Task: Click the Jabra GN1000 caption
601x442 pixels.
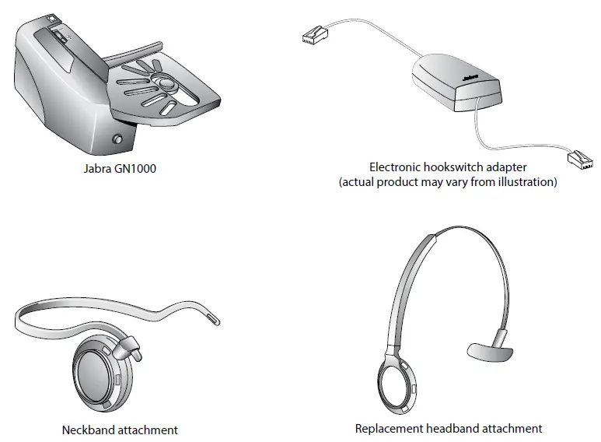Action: pos(119,167)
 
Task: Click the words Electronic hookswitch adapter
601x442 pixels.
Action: pos(448,167)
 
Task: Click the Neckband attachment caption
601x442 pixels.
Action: pos(120,430)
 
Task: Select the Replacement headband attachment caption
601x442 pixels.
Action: pos(449,428)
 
